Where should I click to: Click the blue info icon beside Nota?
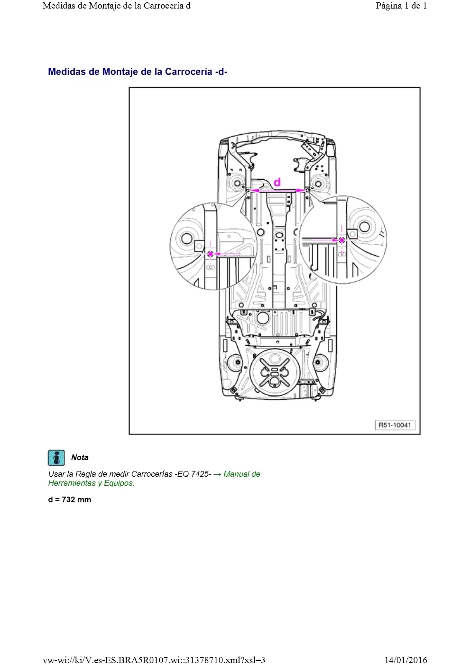[56, 458]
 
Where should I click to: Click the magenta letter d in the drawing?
[276, 182]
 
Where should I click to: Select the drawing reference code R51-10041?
[395, 425]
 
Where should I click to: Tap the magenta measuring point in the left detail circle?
[210, 254]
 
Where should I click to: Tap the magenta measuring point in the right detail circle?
[342, 240]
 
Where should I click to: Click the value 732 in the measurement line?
[68, 499]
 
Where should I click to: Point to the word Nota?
[80, 458]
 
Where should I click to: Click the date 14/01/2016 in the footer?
[406, 660]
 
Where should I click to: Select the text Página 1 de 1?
[401, 6]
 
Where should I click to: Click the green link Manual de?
[242, 474]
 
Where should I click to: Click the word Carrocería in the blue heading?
[188, 72]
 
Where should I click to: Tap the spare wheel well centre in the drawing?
[275, 372]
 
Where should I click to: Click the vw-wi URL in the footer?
[154, 660]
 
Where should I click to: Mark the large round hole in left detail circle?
[187, 238]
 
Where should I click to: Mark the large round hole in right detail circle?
[365, 227]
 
